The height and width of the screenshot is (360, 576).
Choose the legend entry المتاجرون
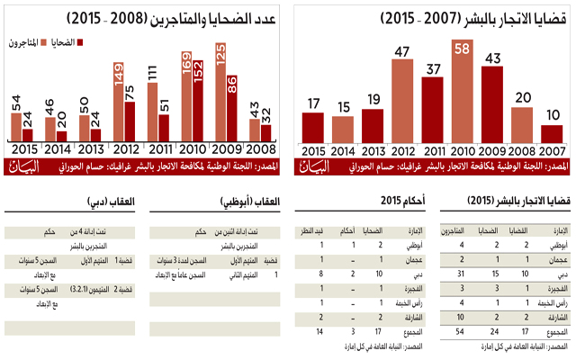pyautogui.click(x=27, y=41)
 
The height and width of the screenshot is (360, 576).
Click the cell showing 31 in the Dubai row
pyautogui.click(x=462, y=273)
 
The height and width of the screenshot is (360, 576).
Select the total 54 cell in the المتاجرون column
pyautogui.click(x=462, y=331)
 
